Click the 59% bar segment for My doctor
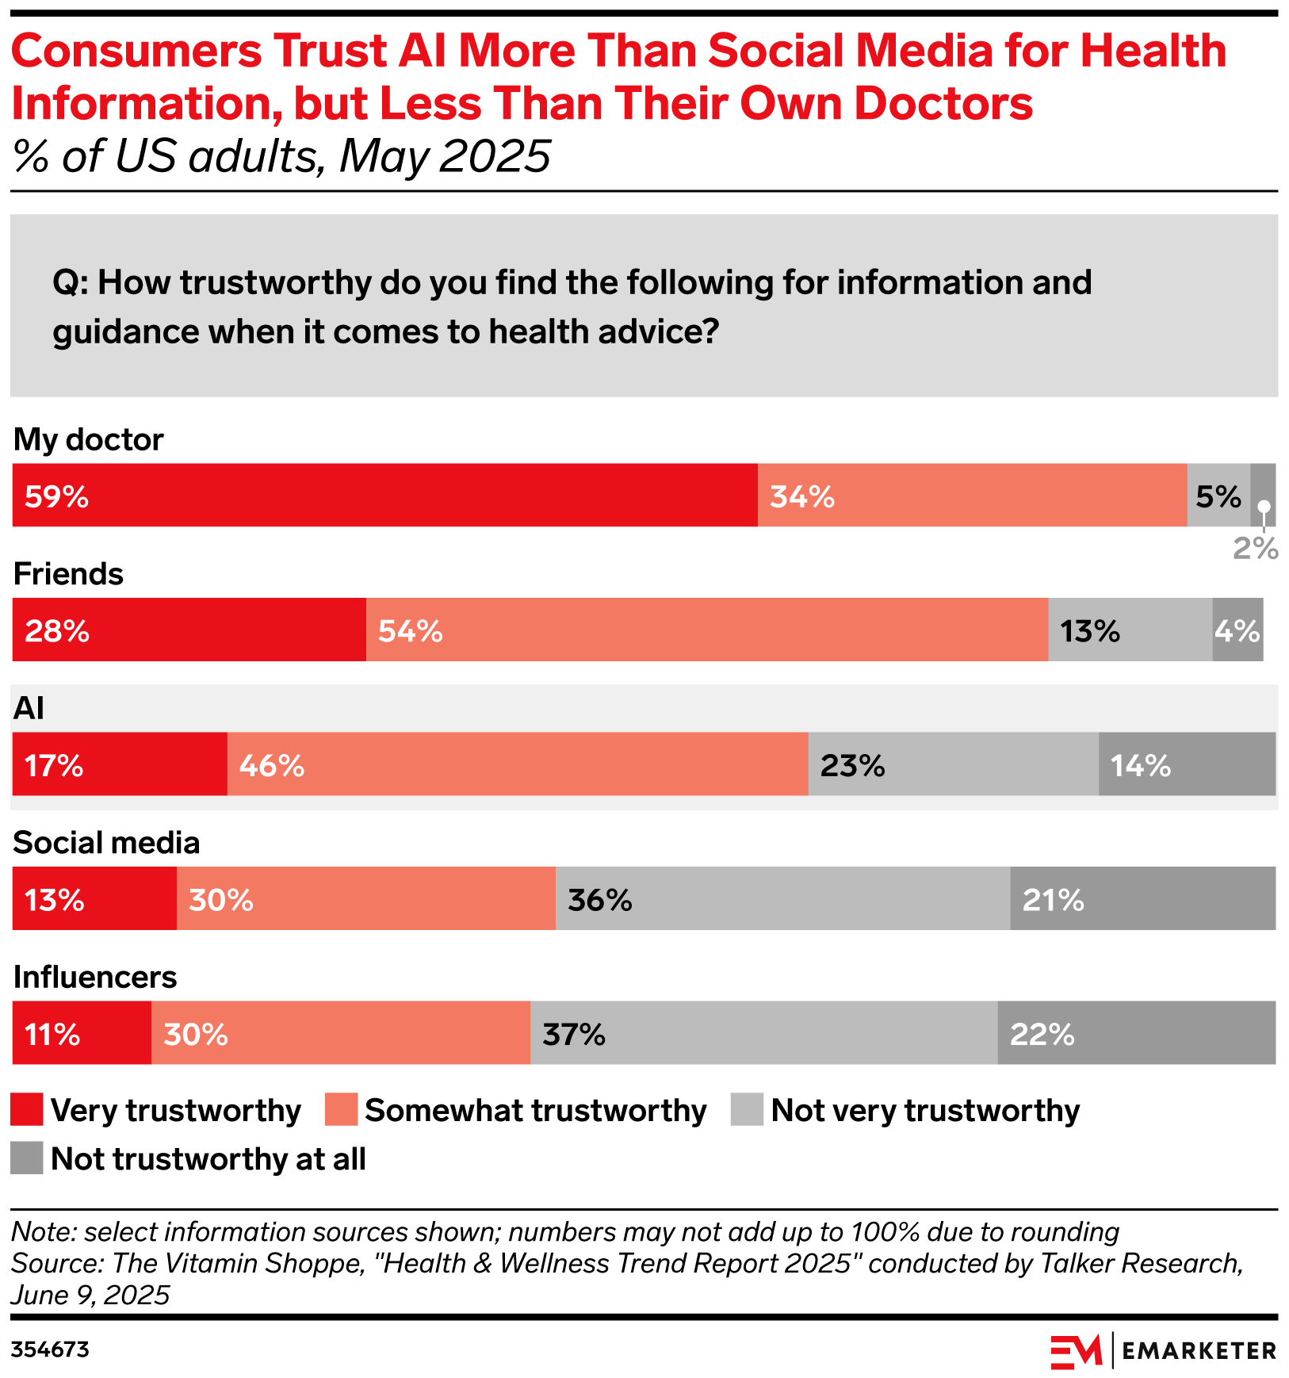[x=384, y=496]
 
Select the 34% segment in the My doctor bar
[x=972, y=496]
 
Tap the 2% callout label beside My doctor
[x=1255, y=548]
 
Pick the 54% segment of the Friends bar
[x=706, y=630]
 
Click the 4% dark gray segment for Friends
[x=1237, y=630]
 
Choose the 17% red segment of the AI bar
[x=120, y=764]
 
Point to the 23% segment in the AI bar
[x=953, y=764]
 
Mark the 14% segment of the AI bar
[x=1187, y=764]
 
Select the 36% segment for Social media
[x=782, y=898]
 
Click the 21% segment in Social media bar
[x=1142, y=898]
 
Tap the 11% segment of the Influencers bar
[x=82, y=1033]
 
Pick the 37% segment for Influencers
[x=763, y=1033]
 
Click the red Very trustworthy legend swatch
[x=27, y=1110]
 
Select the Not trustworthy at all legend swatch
[x=27, y=1158]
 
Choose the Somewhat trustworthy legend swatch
[x=341, y=1110]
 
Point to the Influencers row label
[x=95, y=977]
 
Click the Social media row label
[x=106, y=843]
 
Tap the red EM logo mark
[x=1076, y=1351]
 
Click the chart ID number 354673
[x=50, y=1349]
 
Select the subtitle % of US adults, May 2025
[x=281, y=156]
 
